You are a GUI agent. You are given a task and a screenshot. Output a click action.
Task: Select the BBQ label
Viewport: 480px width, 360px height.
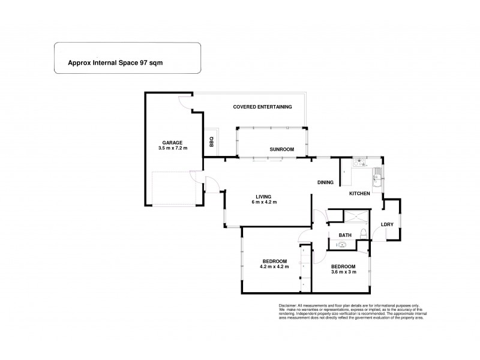(x=211, y=142)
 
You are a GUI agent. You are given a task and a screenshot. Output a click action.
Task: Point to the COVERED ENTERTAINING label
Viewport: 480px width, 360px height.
(x=262, y=107)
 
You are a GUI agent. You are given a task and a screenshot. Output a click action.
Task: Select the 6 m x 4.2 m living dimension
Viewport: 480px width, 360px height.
(x=263, y=202)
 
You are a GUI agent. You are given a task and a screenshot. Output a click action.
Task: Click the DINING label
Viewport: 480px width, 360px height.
(x=326, y=182)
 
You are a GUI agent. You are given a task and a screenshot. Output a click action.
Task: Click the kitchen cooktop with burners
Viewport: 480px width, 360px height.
(x=360, y=161)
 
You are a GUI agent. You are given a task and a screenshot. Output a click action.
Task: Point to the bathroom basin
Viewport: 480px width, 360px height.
(x=343, y=244)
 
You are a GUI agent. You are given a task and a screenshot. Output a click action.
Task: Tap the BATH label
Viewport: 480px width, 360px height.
(x=345, y=235)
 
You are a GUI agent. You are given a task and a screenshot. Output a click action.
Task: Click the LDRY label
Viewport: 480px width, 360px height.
(x=387, y=224)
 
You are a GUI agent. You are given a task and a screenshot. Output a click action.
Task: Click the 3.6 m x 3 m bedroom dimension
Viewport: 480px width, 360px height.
(x=344, y=272)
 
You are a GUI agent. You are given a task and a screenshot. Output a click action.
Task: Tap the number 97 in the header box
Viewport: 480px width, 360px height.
(x=143, y=62)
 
